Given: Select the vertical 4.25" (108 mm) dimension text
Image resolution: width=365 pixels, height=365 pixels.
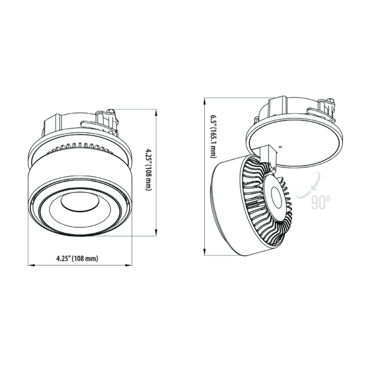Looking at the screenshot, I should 149,172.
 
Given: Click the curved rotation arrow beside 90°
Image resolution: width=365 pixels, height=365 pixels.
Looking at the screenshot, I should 305,188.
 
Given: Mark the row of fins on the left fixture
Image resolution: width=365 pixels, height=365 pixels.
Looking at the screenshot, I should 78,147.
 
